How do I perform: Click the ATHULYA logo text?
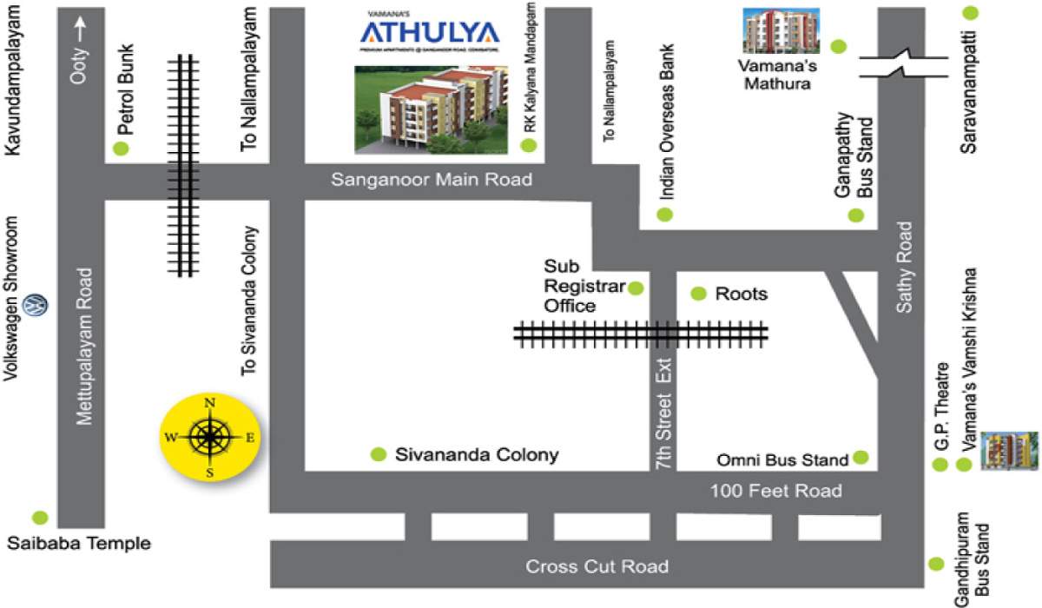[430, 33]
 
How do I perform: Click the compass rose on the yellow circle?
[209, 437]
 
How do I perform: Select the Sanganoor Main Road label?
[432, 181]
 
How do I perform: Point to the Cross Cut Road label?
[597, 566]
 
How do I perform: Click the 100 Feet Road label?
[776, 491]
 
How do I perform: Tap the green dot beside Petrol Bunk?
[121, 149]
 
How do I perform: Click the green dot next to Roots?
[698, 294]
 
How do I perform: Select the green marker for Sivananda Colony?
[378, 454]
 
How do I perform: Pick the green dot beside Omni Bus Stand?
[861, 457]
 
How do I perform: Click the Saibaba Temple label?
[80, 545]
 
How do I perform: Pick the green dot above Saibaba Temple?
[39, 518]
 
